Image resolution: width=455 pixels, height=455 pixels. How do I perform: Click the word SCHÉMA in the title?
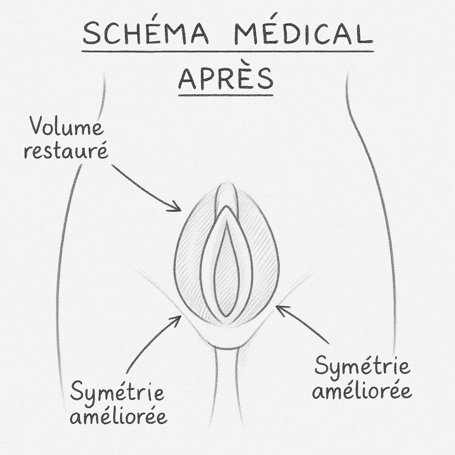click(145, 34)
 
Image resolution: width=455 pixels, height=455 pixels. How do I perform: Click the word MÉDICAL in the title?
click(303, 34)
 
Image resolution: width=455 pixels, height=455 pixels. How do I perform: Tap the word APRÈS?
click(225, 78)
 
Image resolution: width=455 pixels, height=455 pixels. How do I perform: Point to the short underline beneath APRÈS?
click(225, 95)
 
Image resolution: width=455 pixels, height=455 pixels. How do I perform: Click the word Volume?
click(67, 128)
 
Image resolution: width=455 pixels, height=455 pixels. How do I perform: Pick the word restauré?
click(66, 152)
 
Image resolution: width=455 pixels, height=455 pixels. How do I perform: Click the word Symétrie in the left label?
click(117, 392)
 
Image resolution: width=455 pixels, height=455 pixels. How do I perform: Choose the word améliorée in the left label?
click(119, 416)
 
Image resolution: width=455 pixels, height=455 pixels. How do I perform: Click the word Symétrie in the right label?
click(362, 367)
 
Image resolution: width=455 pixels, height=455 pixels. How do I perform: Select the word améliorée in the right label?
click(362, 391)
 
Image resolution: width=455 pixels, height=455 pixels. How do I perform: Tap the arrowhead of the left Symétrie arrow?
click(178, 318)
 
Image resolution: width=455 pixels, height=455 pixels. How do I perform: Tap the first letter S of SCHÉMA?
click(91, 34)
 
